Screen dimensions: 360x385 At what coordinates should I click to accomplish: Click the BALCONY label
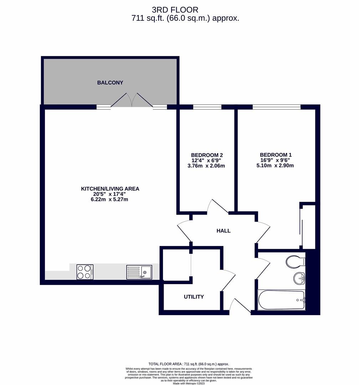(110, 82)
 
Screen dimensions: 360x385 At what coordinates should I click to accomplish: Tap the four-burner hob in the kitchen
(85, 272)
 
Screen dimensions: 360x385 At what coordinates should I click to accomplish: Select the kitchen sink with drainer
(139, 272)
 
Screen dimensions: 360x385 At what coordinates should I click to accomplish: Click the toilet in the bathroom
(295, 262)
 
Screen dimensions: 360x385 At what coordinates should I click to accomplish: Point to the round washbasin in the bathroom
(299, 278)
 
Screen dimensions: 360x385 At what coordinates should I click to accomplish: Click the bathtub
(282, 300)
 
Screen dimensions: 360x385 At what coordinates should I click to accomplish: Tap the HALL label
(223, 231)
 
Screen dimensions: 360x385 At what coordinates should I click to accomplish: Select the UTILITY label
(194, 297)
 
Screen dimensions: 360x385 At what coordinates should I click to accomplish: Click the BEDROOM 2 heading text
(207, 155)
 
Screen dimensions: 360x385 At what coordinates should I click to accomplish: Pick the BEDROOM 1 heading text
(276, 155)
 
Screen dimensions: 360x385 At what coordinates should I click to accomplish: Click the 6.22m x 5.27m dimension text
(109, 199)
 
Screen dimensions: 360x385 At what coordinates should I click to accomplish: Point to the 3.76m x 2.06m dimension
(206, 166)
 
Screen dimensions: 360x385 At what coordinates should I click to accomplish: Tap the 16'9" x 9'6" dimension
(275, 160)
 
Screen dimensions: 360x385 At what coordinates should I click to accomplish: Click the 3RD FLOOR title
(175, 10)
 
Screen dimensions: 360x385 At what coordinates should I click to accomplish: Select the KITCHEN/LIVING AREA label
(110, 189)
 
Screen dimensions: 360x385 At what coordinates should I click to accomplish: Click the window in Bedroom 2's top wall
(207, 107)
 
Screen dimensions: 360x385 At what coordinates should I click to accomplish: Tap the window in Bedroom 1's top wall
(277, 107)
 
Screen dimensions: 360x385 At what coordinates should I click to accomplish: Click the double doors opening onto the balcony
(132, 100)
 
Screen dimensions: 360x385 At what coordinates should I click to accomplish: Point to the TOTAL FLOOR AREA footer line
(189, 364)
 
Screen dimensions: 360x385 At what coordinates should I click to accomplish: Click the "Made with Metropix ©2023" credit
(189, 383)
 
